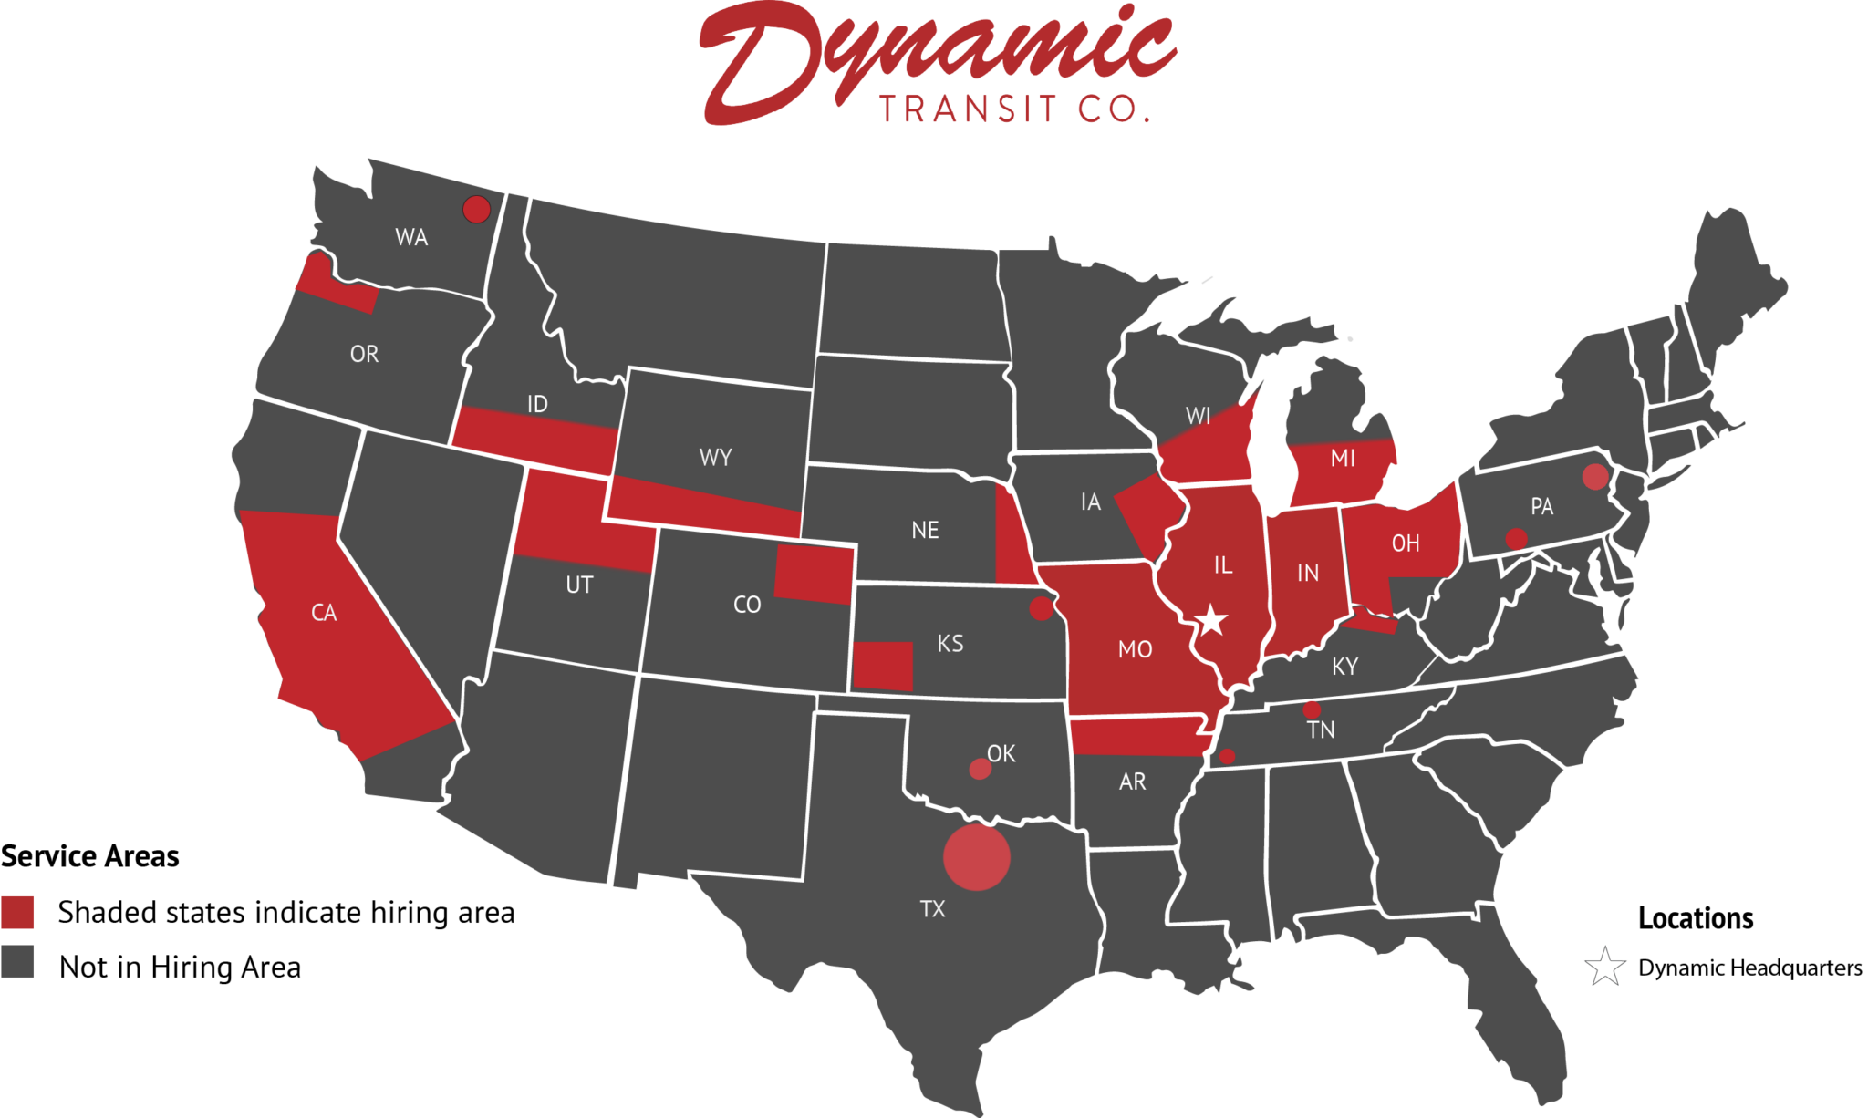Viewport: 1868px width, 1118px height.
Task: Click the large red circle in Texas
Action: [x=976, y=857]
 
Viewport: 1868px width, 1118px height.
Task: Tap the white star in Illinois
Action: [x=1211, y=620]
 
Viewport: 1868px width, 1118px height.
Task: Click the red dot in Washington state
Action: [x=476, y=209]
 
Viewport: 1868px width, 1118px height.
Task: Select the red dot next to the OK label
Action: [x=980, y=769]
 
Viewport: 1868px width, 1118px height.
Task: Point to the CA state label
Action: [x=324, y=613]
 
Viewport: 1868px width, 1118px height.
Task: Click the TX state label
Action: [x=932, y=909]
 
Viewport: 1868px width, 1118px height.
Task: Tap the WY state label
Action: [x=715, y=458]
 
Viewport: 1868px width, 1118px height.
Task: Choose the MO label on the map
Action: [x=1135, y=649]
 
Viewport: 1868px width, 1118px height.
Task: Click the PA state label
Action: [x=1541, y=507]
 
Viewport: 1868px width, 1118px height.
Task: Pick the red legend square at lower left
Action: [x=17, y=912]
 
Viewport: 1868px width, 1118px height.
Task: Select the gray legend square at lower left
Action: [x=17, y=961]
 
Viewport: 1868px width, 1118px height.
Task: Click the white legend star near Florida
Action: [x=1605, y=968]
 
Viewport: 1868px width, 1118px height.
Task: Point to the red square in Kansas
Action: [x=882, y=666]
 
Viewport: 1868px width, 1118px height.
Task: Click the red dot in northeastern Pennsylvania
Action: [x=1594, y=476]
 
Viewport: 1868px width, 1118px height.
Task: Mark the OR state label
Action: [x=364, y=354]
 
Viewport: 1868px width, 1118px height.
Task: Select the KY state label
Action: [x=1344, y=667]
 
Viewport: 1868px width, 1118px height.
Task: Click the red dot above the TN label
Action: [x=1312, y=709]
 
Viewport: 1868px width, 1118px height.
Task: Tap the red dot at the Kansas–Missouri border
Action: [x=1041, y=608]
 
